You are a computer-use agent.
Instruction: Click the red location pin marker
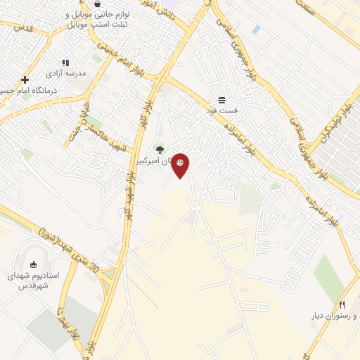click(181, 165)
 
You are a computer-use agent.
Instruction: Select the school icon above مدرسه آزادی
click(65, 63)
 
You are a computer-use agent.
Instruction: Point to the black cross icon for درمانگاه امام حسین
click(25, 80)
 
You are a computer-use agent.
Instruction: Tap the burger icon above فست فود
click(222, 100)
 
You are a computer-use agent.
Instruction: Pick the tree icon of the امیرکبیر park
click(160, 149)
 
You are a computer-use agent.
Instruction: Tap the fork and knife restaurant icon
click(342, 304)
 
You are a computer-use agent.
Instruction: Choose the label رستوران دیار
click(330, 316)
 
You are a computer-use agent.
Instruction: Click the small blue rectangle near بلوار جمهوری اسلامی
click(256, 30)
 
